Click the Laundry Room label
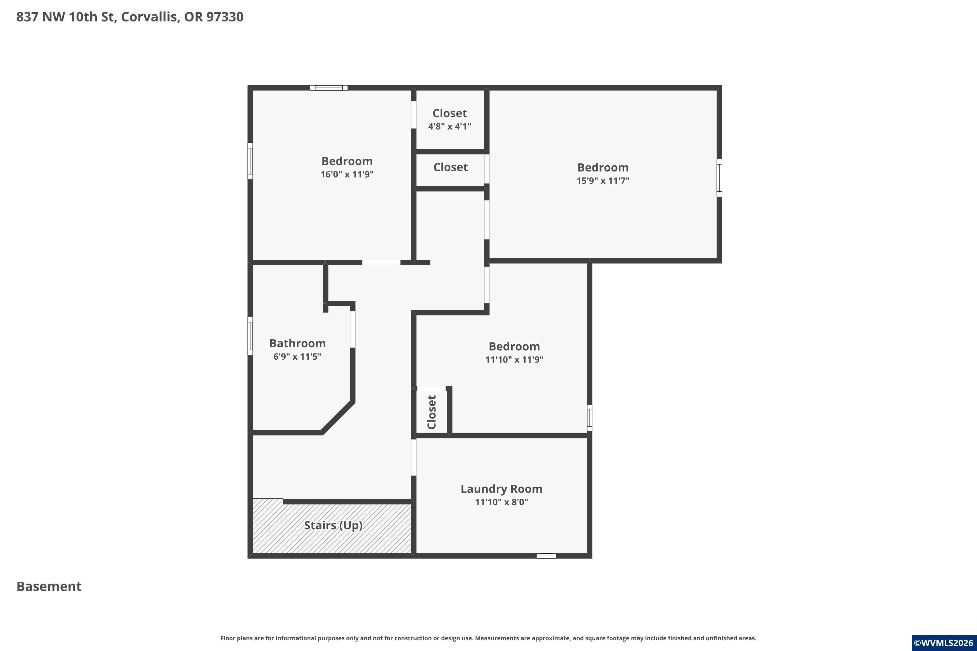tap(502, 489)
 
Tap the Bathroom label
tap(297, 343)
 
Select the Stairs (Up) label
tap(333, 526)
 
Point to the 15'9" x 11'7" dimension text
tap(603, 181)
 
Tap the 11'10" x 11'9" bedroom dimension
tap(514, 360)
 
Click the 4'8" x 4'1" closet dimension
tap(449, 126)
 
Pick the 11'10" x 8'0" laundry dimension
tap(502, 502)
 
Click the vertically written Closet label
tap(432, 412)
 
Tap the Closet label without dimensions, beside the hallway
tap(450, 167)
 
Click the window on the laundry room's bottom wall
tap(546, 556)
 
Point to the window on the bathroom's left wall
tap(250, 336)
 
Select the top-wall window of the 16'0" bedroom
tap(329, 88)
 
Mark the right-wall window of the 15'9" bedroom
tap(719, 178)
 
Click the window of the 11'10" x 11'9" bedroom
tap(589, 418)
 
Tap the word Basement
tap(49, 586)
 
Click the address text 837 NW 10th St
tap(66, 17)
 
